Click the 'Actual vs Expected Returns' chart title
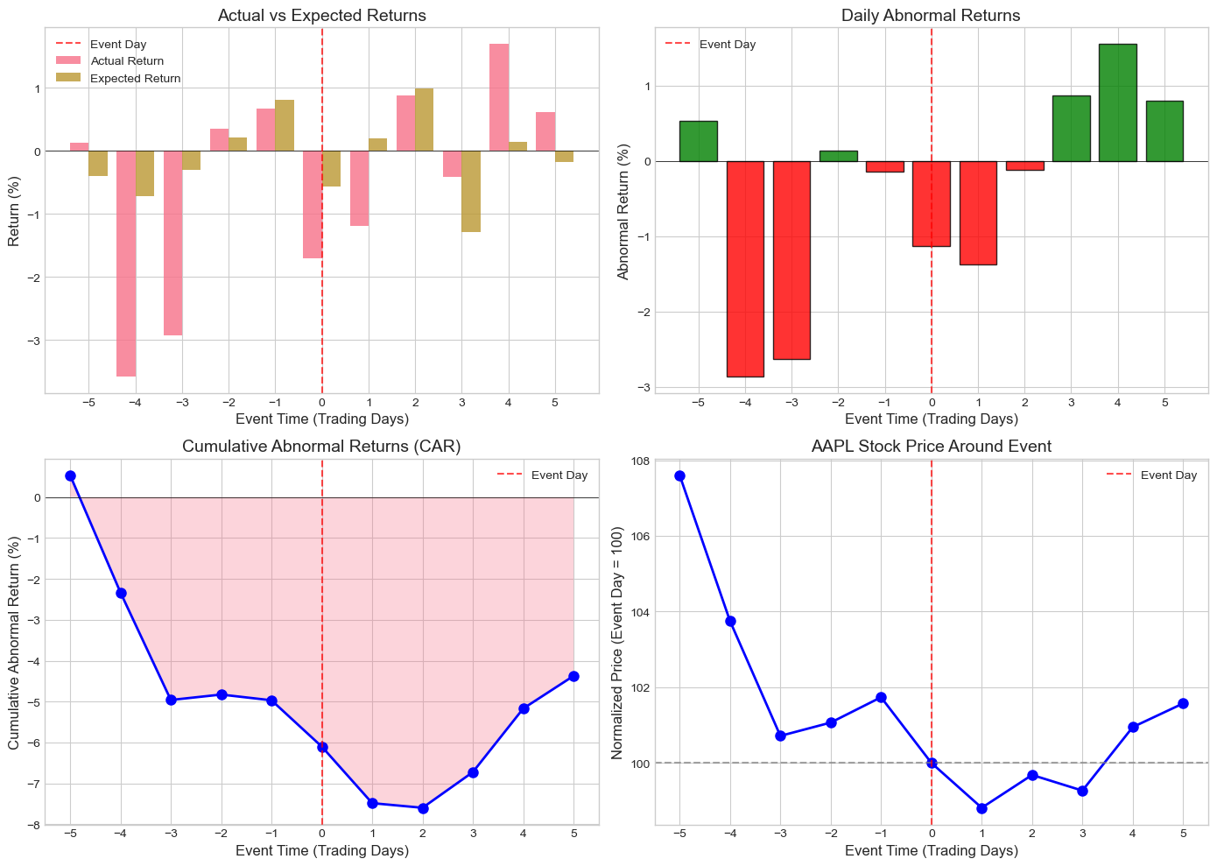[x=322, y=15]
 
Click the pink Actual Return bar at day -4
[x=126, y=264]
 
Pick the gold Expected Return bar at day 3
[x=471, y=192]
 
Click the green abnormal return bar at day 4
[x=1118, y=102]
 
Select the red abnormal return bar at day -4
[x=745, y=269]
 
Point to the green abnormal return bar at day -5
[x=699, y=141]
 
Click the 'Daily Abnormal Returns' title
[x=931, y=15]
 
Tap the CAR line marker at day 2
[x=423, y=808]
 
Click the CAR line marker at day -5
[x=71, y=475]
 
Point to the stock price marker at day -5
[x=680, y=475]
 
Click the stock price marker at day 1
[x=981, y=808]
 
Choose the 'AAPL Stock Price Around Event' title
[x=931, y=447]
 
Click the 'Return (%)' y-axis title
[x=14, y=211]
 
